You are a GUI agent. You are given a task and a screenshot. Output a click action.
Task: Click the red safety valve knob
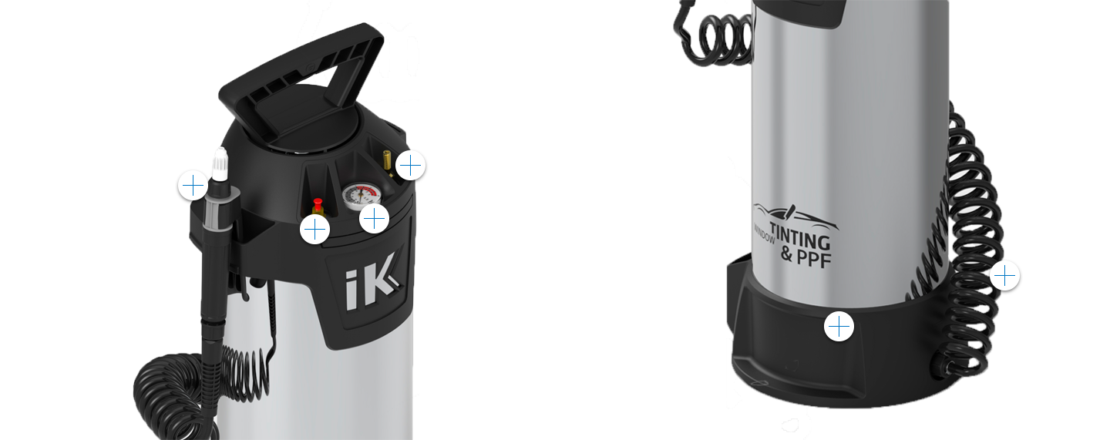(318, 203)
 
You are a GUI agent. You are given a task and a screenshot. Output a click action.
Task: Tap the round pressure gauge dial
(359, 196)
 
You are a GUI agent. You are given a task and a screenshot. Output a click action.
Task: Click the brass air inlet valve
(386, 160)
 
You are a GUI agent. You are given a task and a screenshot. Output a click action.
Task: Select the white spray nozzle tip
(220, 163)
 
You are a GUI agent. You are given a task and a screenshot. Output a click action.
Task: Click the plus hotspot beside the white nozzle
(193, 186)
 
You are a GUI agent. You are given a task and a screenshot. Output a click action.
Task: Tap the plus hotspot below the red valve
(314, 230)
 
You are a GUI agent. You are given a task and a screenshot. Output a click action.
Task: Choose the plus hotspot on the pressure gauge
(374, 218)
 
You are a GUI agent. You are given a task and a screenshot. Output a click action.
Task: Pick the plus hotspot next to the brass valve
(410, 165)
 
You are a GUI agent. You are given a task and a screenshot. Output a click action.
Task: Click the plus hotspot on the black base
(839, 327)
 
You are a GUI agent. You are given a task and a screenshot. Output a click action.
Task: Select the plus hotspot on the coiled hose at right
(1005, 275)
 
